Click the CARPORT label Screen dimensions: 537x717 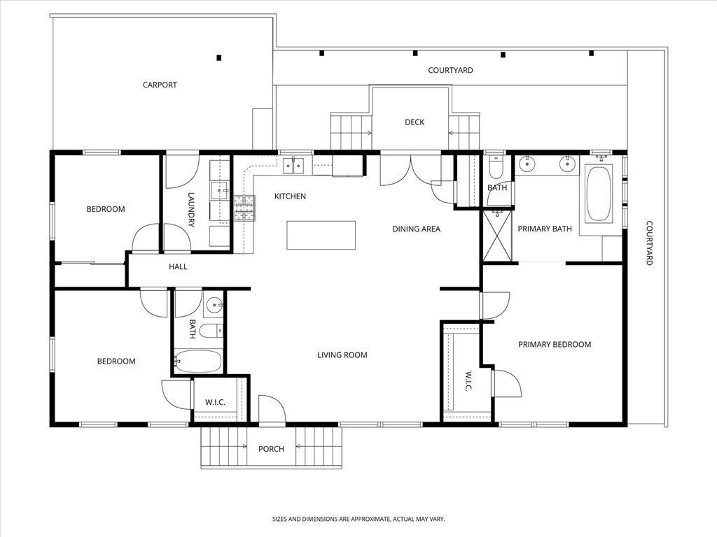(x=160, y=85)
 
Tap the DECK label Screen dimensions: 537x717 (x=415, y=122)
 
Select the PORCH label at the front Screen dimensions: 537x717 (x=271, y=449)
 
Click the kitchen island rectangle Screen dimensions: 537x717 (x=321, y=235)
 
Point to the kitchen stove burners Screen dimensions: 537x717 (x=244, y=208)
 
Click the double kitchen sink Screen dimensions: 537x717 (x=293, y=166)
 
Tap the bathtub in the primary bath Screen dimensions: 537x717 (x=599, y=194)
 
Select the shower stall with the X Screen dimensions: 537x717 (x=498, y=236)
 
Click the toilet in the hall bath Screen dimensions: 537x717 (x=210, y=331)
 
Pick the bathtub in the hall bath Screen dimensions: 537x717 (x=198, y=362)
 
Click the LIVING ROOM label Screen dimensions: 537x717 (x=342, y=355)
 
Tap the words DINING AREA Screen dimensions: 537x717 (x=416, y=229)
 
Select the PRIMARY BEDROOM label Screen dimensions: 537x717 (x=555, y=344)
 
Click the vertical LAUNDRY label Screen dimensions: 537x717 (x=190, y=209)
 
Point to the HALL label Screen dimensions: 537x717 (x=178, y=266)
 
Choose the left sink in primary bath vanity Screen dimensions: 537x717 (x=527, y=165)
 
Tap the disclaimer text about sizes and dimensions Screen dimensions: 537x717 (x=358, y=520)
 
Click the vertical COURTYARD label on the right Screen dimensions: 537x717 (x=649, y=243)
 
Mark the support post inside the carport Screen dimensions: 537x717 (x=219, y=57)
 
